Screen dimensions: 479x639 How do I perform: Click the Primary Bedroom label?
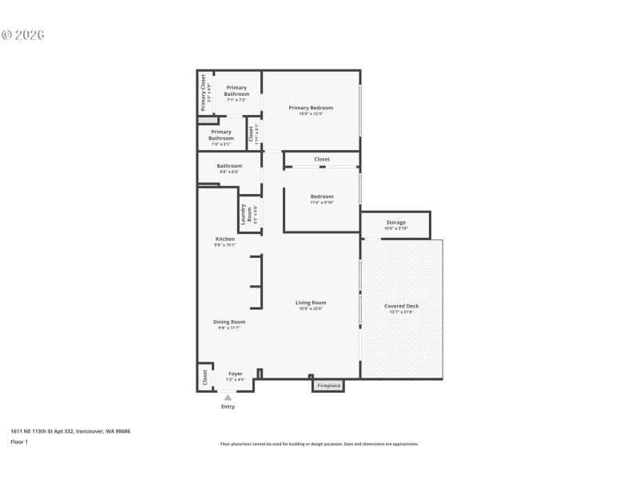[311, 108]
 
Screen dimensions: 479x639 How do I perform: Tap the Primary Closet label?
[204, 93]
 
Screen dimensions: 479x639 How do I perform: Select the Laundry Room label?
[250, 214]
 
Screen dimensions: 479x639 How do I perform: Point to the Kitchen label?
[224, 239]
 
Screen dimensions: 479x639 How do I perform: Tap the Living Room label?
[311, 303]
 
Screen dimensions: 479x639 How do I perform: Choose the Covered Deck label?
[401, 306]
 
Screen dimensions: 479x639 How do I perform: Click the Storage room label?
[396, 223]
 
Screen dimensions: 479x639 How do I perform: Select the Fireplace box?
[329, 386]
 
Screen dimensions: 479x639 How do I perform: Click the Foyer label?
[235, 374]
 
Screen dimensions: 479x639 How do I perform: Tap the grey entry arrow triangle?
[228, 397]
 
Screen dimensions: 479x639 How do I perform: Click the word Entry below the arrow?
[228, 406]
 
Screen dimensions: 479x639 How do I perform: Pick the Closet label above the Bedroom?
[322, 160]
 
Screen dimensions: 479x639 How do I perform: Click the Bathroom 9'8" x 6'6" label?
[228, 166]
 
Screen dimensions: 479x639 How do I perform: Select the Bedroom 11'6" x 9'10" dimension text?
[322, 202]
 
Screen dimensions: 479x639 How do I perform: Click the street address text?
[70, 431]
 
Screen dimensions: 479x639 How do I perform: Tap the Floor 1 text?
[19, 441]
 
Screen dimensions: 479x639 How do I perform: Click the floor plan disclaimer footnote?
[319, 444]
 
